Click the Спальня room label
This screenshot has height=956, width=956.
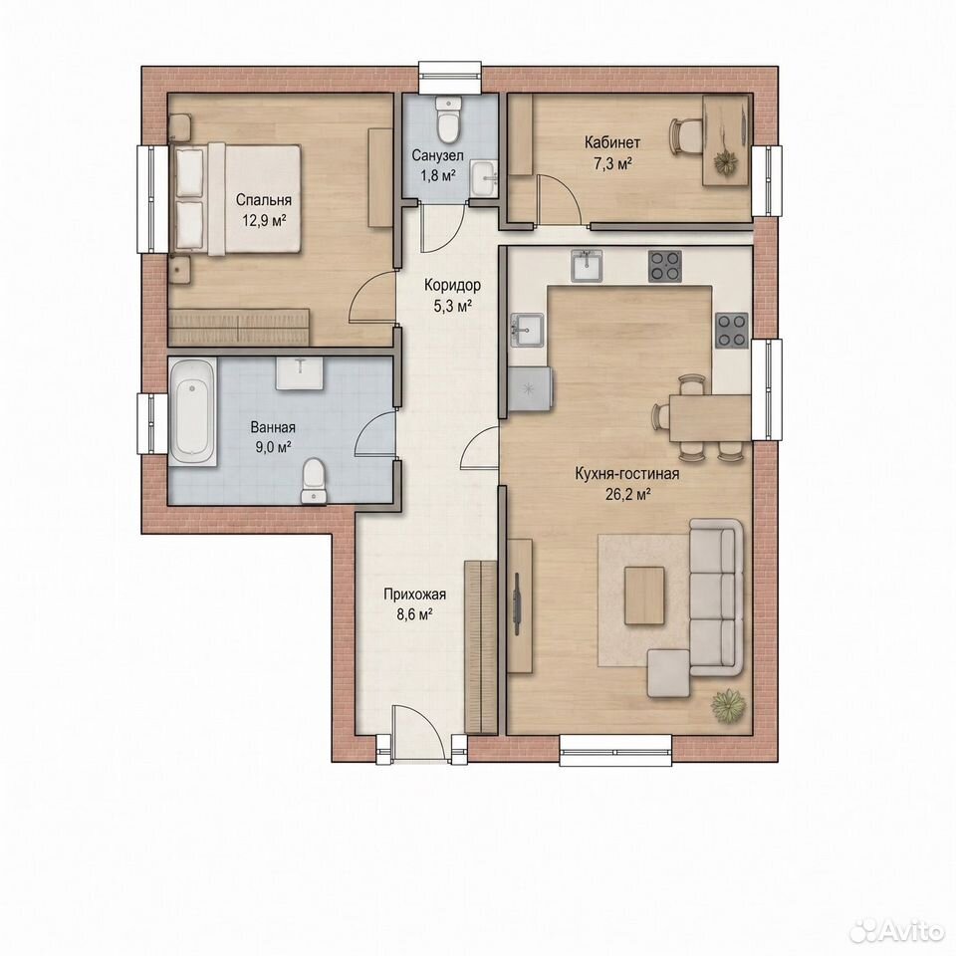coord(263,200)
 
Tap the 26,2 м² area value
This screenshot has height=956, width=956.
coord(627,495)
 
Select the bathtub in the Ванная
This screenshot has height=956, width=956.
coord(192,412)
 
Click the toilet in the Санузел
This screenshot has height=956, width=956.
coord(448,119)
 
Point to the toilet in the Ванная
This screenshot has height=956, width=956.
coord(314,482)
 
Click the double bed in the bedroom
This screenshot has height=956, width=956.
coord(238,199)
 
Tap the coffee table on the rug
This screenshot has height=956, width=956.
coord(644,596)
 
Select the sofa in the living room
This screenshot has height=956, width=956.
coord(716,597)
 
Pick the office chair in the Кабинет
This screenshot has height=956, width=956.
coord(685,137)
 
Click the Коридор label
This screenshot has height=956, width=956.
coord(452,285)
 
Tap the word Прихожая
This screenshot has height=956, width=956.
coord(414,594)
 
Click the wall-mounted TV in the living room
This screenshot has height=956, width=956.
coord(518,603)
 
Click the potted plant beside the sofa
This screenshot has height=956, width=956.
coord(728,707)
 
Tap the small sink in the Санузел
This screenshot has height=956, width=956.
coord(485,178)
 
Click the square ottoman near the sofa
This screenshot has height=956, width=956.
coord(668,674)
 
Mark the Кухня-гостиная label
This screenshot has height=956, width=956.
coord(627,474)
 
